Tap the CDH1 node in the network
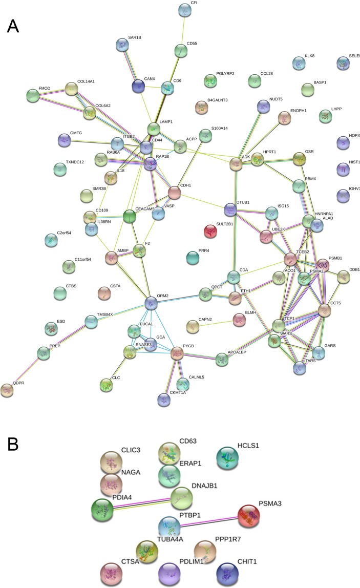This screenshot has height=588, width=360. pyautogui.click(x=175, y=193)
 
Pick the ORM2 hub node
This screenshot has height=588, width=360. pyautogui.click(x=151, y=303)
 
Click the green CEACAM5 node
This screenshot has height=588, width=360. pyautogui.click(x=130, y=217)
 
